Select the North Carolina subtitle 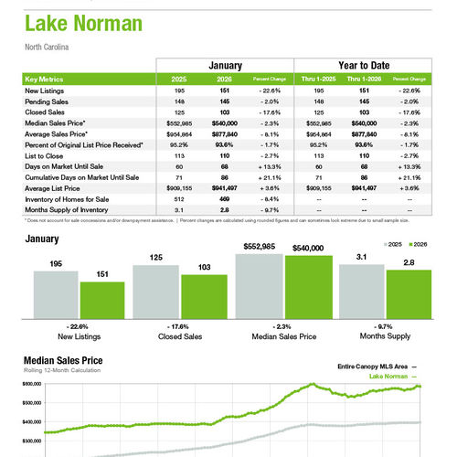48,46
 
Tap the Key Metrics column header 47,80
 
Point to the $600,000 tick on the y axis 31,386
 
